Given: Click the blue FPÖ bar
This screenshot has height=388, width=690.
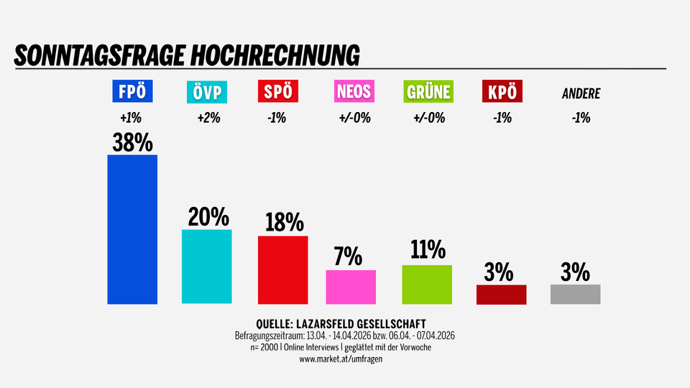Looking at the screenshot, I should click(x=132, y=229).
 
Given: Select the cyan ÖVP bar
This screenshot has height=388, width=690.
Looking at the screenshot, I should click(x=207, y=266).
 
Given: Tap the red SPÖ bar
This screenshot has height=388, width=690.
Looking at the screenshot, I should click(x=282, y=269).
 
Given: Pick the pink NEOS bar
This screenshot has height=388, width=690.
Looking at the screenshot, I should click(x=351, y=287).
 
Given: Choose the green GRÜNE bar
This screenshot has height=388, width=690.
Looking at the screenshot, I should click(x=427, y=284).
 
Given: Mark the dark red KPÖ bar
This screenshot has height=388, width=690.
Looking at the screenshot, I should click(x=501, y=295).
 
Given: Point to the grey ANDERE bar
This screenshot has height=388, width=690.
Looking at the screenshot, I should click(x=575, y=294).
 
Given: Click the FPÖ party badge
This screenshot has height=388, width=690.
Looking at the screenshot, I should click(x=132, y=92).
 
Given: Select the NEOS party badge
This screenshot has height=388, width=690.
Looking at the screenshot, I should click(x=353, y=92).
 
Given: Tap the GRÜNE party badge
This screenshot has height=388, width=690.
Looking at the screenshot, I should click(x=428, y=92).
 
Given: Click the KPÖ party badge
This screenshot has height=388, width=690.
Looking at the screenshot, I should click(x=502, y=92).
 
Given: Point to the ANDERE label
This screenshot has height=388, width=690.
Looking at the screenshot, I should click(x=580, y=93).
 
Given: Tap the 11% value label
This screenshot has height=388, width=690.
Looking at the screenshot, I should click(x=428, y=251).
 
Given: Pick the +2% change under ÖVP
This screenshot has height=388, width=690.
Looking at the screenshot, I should click(x=208, y=118).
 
